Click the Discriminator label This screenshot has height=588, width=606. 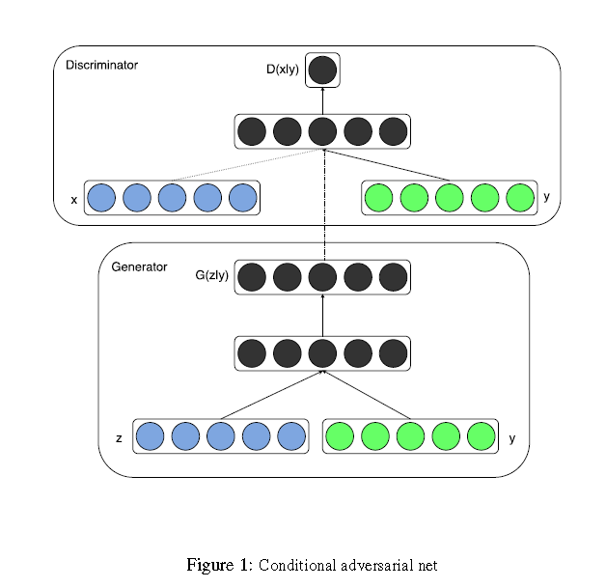coord(101,66)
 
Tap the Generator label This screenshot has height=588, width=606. coord(139,266)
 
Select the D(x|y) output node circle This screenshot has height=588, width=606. coord(323,70)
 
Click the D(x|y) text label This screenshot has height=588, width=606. coord(283,70)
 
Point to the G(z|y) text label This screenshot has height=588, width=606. coord(211,275)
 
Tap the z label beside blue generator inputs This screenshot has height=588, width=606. coord(119,438)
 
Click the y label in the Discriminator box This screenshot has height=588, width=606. coord(546,197)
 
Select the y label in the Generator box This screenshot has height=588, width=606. coord(511,437)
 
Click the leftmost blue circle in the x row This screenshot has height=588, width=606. coord(101,198)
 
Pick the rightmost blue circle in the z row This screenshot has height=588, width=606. coord(290,436)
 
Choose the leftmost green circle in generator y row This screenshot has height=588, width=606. coord(340,436)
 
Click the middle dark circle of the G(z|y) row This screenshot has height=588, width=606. coord(323,277)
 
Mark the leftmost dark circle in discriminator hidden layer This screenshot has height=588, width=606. coord(253,130)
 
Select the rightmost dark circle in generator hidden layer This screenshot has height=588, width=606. coord(394,353)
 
